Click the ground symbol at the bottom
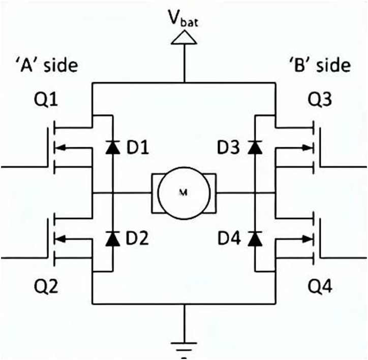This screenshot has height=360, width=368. tap(184, 348)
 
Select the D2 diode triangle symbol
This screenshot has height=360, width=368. tap(112, 238)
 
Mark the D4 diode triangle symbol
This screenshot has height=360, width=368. tap(255, 238)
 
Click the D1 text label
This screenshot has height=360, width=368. tap(137, 148)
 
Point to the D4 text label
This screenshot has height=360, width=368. tap(230, 238)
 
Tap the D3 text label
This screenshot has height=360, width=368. tap(230, 148)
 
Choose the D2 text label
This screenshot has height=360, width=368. tap(137, 238)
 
